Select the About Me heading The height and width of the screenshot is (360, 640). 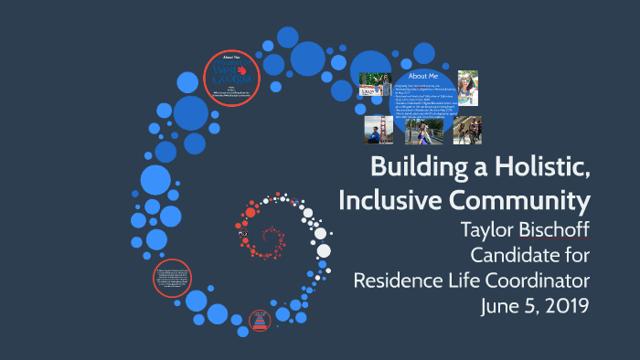(422, 75)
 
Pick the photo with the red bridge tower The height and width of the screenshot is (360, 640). (379, 129)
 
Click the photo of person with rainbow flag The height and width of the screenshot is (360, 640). (467, 88)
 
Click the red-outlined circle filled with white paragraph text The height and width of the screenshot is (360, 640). (172, 278)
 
